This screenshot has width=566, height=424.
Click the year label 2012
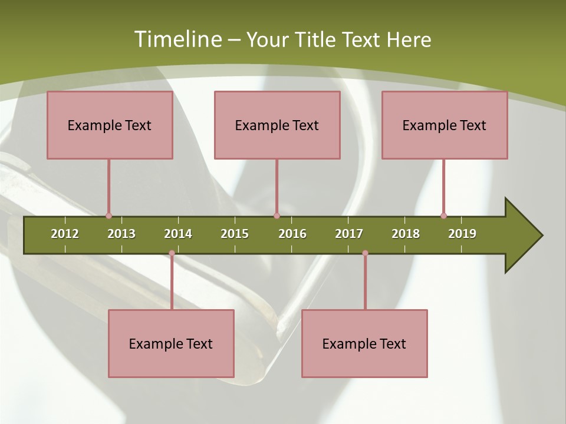[65, 234]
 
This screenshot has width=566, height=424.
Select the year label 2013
[121, 234]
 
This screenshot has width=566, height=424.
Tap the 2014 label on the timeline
[178, 234]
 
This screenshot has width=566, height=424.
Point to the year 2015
[235, 234]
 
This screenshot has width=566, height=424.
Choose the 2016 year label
[292, 234]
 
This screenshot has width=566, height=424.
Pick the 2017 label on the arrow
[349, 234]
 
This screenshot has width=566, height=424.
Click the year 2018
[406, 234]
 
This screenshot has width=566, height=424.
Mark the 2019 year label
[462, 234]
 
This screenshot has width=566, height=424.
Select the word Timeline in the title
[177, 39]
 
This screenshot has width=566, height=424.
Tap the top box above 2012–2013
[110, 125]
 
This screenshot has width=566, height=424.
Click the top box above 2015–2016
[277, 125]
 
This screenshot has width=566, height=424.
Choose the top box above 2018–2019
[445, 125]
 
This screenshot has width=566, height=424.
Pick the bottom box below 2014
[171, 343]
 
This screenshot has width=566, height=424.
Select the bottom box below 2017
[364, 343]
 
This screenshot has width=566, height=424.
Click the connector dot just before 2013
[108, 216]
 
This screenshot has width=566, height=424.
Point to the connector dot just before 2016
[277, 216]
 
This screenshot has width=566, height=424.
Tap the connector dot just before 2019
[443, 216]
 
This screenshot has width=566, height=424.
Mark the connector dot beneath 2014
[172, 253]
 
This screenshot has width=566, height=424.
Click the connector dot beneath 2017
[365, 253]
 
